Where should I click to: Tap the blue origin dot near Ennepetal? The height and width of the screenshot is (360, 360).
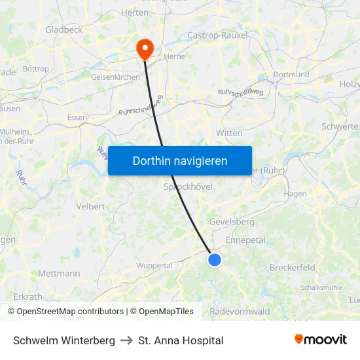click(215, 260)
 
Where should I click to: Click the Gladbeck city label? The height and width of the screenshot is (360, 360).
click(63, 29)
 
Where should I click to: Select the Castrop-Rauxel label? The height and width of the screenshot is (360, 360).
click(217, 35)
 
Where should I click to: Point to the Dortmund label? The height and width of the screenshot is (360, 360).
click(291, 75)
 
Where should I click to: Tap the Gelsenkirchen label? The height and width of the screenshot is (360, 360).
click(115, 77)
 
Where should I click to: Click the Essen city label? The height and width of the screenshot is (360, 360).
click(77, 118)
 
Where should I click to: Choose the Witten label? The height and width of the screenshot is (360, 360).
click(229, 133)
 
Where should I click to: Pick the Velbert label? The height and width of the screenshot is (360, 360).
click(90, 206)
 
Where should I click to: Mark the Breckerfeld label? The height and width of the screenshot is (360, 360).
click(292, 268)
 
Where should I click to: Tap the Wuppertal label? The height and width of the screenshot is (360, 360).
click(154, 266)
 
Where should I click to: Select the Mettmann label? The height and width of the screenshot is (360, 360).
click(59, 274)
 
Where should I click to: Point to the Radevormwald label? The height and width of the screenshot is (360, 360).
click(240, 312)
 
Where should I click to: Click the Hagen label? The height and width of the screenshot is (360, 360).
click(295, 194)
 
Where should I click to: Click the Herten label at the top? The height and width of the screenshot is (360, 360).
click(135, 12)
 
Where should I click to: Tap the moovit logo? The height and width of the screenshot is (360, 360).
click(321, 340)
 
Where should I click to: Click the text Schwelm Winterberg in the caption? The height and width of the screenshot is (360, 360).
click(64, 340)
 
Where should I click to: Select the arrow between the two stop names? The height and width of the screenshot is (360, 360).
click(127, 340)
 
